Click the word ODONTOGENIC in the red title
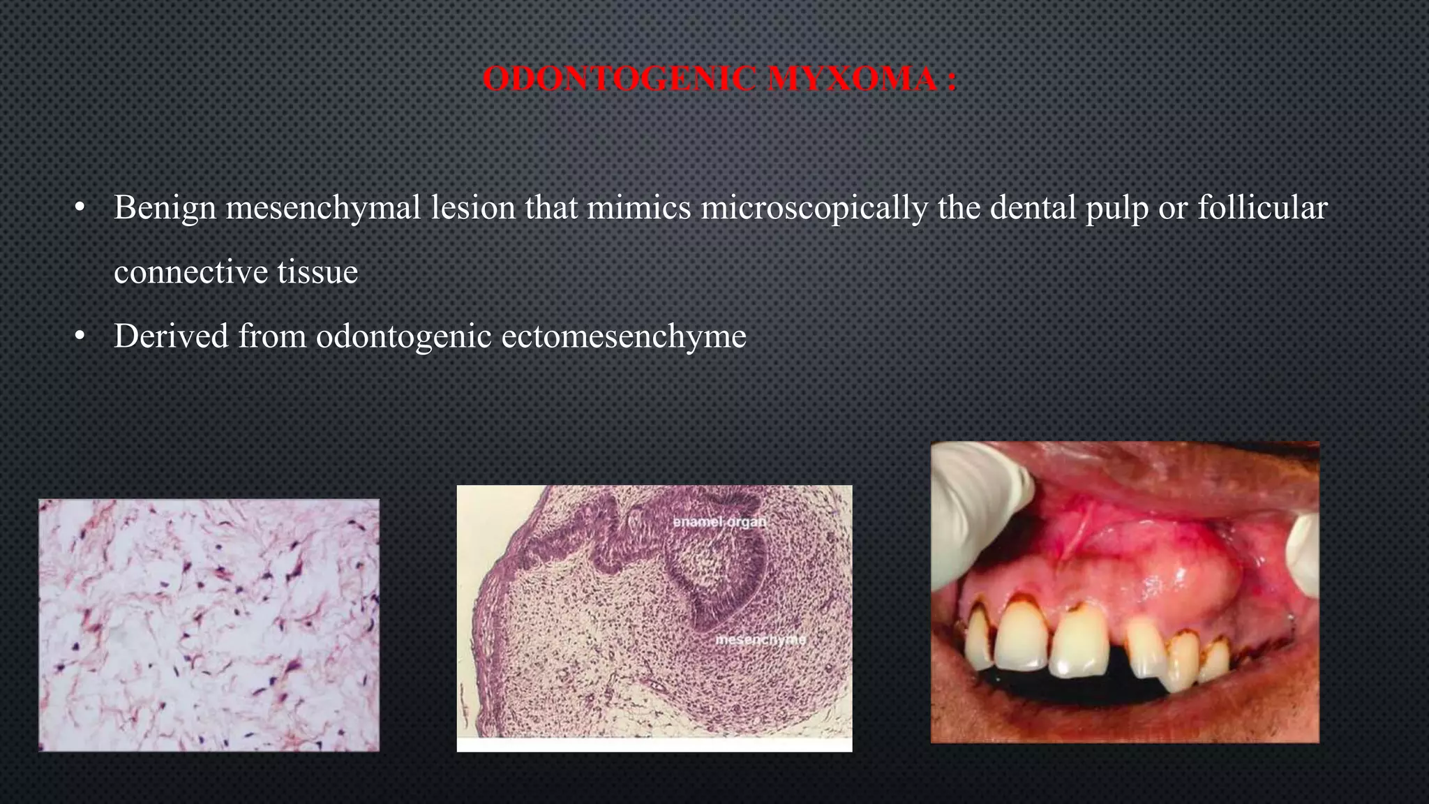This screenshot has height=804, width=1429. (619, 79)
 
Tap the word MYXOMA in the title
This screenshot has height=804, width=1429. (852, 79)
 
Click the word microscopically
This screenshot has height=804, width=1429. (814, 208)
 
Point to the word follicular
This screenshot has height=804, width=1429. (1262, 208)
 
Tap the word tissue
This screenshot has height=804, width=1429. (317, 272)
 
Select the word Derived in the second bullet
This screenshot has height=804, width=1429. (171, 336)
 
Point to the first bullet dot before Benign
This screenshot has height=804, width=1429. (80, 209)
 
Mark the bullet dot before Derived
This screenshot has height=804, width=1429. (80, 337)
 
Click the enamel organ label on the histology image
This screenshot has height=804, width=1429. (719, 522)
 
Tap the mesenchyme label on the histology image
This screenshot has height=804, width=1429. (761, 639)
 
